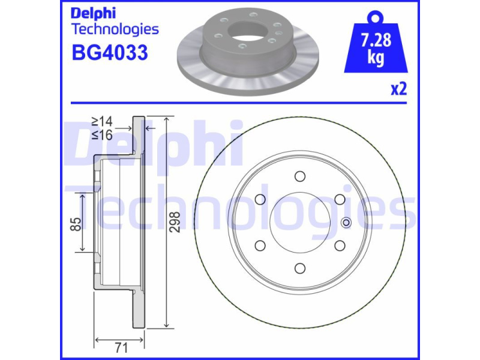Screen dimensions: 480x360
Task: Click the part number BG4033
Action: click(x=110, y=52)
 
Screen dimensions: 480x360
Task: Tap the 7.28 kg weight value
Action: click(x=376, y=49)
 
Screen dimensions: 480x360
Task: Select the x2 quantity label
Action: click(x=399, y=89)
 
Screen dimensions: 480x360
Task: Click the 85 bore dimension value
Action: click(x=76, y=224)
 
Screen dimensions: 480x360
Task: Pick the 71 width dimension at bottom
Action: click(x=121, y=348)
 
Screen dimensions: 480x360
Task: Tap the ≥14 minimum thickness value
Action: click(x=103, y=122)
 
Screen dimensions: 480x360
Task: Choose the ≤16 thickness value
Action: click(x=103, y=134)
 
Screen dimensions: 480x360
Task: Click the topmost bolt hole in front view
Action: click(x=299, y=176)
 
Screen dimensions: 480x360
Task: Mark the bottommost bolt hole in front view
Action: click(x=299, y=268)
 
